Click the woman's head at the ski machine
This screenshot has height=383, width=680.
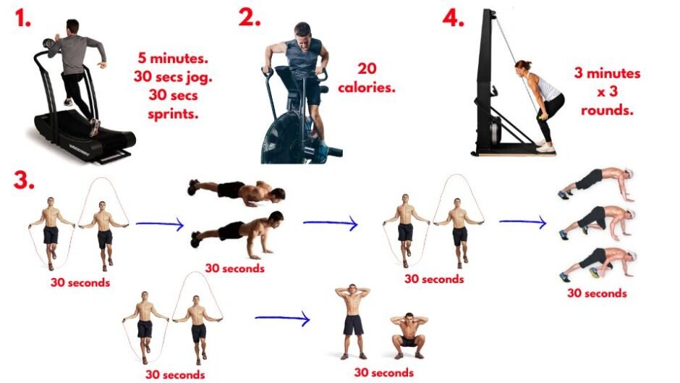point(522,70)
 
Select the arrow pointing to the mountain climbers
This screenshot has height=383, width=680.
point(522,222)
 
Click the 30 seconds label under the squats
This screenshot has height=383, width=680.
point(384,372)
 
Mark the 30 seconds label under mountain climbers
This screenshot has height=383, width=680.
point(597,293)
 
